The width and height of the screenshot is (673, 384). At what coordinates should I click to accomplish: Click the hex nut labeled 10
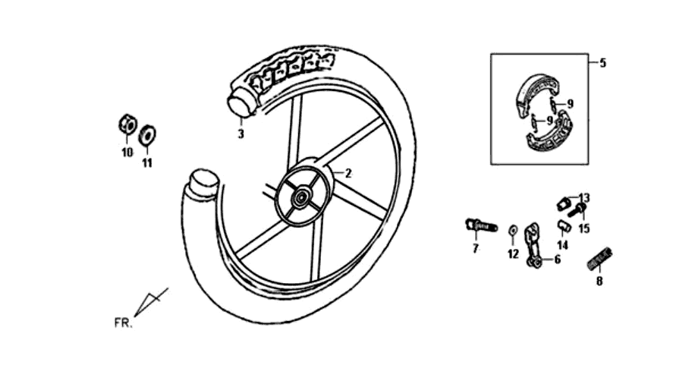pos(127,124)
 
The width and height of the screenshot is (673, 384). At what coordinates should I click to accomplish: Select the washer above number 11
pos(147,134)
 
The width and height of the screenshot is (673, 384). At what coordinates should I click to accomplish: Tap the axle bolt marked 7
pos(481,225)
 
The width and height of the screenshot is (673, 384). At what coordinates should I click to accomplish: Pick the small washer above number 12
pos(512,231)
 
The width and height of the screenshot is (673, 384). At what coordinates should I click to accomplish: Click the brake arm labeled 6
pos(533,245)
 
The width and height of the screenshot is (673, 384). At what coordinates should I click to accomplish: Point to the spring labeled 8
pos(599,259)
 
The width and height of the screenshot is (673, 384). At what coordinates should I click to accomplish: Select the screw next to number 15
pos(577,210)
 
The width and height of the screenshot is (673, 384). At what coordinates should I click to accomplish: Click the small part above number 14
pos(564,226)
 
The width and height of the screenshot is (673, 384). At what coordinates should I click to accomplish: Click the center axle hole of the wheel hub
pos(299,198)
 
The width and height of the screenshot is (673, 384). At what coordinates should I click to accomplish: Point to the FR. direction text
pos(123,323)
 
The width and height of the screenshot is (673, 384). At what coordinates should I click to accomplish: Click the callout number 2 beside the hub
pos(348,173)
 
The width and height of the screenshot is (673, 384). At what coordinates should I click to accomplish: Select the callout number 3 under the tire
pos(241,134)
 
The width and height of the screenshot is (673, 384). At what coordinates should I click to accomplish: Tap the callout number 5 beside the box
pos(603,63)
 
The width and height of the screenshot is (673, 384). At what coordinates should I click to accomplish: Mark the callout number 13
pos(584,198)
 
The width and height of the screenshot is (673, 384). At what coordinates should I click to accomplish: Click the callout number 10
pos(127,153)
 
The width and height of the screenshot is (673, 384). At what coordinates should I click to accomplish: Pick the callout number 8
pos(599,282)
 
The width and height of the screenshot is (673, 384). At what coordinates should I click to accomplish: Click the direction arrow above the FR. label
pos(151,302)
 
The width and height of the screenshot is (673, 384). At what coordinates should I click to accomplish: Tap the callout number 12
pos(514,254)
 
